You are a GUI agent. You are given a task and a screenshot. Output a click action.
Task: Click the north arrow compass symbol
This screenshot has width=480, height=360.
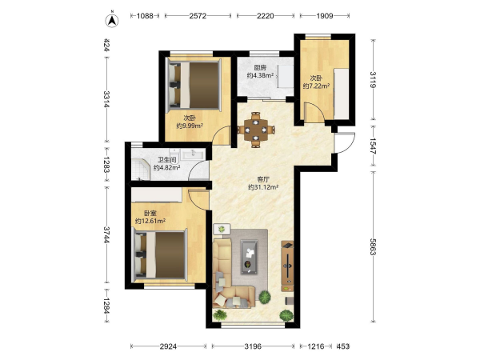112,21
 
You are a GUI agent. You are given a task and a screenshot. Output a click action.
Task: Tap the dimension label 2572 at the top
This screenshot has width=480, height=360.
198,16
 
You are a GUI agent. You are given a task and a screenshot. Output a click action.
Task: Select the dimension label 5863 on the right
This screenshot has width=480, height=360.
373,246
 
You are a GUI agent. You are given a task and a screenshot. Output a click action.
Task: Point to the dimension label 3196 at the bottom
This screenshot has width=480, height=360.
253,346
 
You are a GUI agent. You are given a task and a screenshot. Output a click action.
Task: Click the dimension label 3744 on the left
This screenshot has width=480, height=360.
106,234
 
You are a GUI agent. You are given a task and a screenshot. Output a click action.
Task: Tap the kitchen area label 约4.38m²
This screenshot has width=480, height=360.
260,75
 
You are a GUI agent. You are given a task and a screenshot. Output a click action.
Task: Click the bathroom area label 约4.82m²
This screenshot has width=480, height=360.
167,167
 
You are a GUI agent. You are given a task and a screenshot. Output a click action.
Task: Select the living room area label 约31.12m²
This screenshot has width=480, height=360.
263,187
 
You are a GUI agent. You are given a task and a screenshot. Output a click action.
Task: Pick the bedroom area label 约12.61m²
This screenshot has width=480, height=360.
150,221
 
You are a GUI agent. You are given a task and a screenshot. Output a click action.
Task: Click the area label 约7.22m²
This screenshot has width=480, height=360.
316,86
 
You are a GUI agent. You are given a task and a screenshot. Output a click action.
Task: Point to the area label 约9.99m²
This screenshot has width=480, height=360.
190,126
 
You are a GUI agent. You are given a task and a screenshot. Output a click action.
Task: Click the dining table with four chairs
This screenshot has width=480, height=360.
256,130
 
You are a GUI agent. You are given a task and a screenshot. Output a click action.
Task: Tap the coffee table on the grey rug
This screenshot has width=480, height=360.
249,257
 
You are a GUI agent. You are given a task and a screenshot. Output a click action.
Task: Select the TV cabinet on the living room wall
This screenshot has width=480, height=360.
287,266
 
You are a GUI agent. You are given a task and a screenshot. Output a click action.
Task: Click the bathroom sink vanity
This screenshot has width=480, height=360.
193,154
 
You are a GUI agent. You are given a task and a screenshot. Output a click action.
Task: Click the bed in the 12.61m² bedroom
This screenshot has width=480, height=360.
159,255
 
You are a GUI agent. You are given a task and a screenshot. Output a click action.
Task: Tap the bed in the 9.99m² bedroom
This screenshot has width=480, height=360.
194,85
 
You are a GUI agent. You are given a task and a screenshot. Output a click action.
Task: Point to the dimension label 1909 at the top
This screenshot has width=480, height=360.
325,16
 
